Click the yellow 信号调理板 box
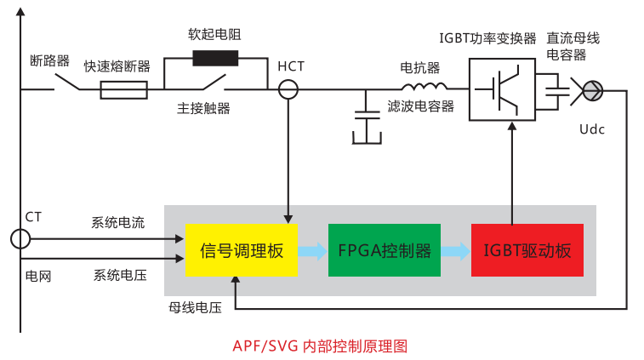[241, 250]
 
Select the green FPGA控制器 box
[385, 250]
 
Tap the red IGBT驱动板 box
[527, 250]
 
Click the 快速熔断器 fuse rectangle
[123, 89]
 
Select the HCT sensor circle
[289, 88]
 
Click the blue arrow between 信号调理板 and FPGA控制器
[312, 250]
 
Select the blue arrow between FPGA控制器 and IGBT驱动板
[455, 250]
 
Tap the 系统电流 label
[118, 223]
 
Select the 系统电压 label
[118, 275]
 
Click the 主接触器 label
[203, 108]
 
